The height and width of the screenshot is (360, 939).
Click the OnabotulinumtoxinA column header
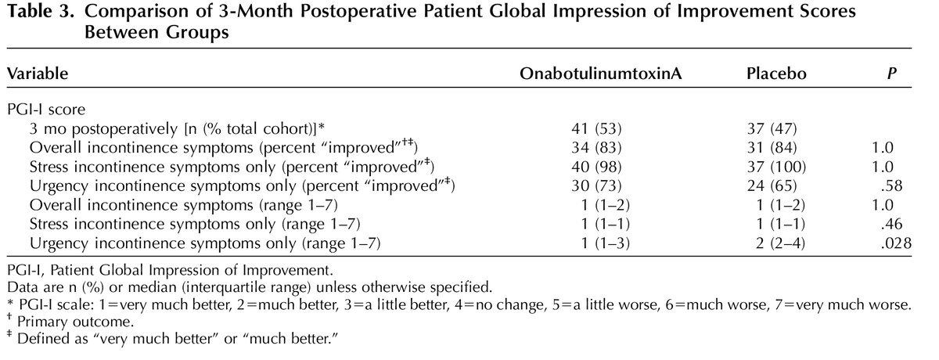coord(594,74)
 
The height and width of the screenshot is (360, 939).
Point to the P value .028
coord(897,244)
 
